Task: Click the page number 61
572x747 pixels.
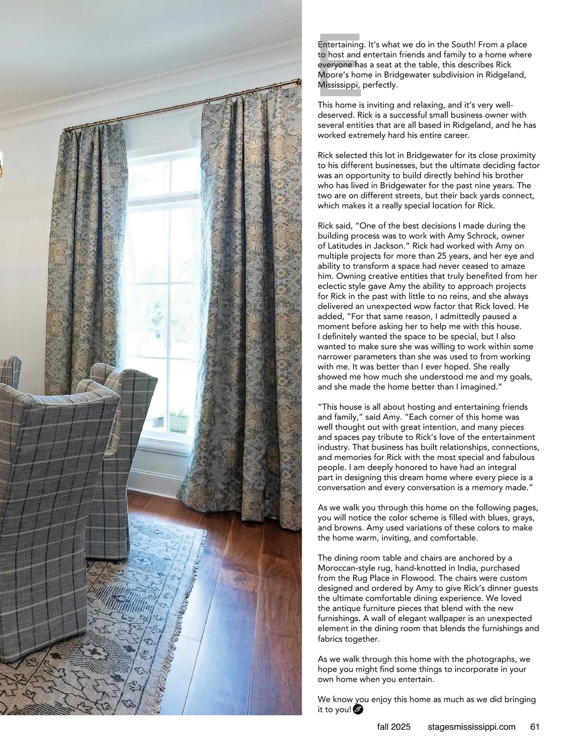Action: click(534, 727)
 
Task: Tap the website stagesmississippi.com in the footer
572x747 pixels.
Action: click(471, 727)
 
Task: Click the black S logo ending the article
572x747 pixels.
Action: click(359, 710)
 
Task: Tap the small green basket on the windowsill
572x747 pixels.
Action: click(178, 422)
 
